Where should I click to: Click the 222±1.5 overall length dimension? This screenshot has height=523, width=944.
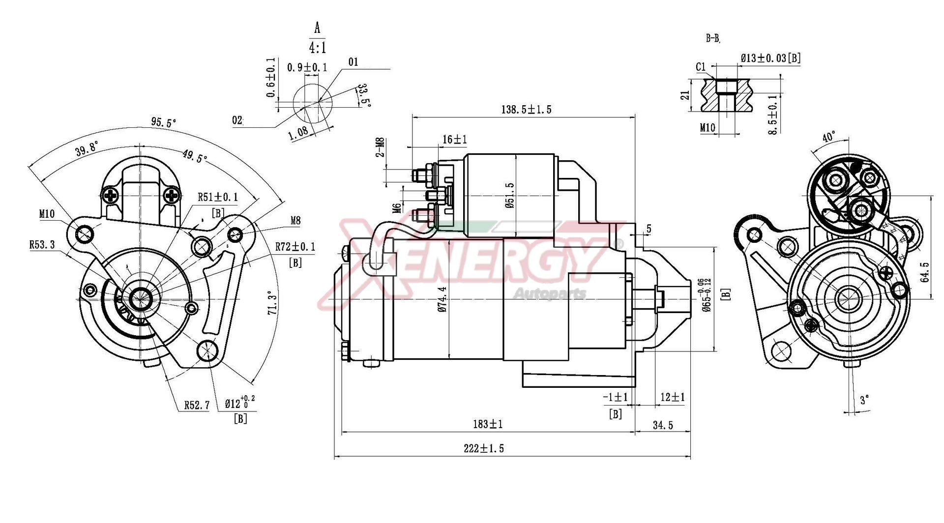[x=484, y=448]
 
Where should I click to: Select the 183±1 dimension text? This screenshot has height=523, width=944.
[x=488, y=424]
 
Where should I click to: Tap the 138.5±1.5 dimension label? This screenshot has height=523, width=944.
[x=526, y=109]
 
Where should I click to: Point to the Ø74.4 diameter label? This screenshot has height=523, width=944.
[x=442, y=300]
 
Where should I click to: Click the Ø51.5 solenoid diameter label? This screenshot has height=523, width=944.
[x=509, y=195]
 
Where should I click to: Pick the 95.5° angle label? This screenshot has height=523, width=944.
[x=163, y=123]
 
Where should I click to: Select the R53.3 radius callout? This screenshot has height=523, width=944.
[x=42, y=244]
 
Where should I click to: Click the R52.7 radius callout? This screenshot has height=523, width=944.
[x=197, y=405]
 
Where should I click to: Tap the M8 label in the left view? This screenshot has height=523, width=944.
[x=295, y=221]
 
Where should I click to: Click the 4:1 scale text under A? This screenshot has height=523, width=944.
[x=317, y=48]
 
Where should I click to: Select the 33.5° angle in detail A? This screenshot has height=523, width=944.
[x=363, y=95]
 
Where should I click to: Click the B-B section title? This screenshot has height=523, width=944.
[x=713, y=38]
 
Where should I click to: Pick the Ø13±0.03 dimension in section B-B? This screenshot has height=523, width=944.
[x=770, y=58]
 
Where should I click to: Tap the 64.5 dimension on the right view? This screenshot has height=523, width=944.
[x=925, y=272]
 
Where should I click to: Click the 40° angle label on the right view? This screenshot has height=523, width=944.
[x=829, y=137]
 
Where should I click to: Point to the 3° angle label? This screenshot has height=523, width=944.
[x=864, y=400]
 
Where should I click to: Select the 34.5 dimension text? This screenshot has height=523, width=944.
[x=663, y=425]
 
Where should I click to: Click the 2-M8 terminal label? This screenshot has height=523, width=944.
[x=380, y=147]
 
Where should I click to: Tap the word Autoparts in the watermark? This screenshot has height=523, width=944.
[x=550, y=294]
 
